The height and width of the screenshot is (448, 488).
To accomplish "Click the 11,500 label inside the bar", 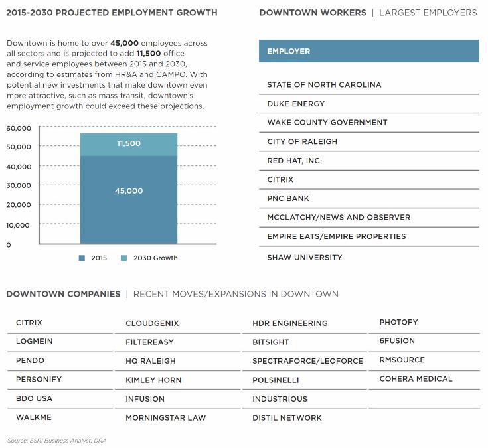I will click(128, 143).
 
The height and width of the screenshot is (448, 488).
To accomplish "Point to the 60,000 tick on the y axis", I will click(19, 127).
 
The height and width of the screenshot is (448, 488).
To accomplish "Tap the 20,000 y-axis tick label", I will click(19, 206).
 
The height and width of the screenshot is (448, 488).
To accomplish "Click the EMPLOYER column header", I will click(288, 51).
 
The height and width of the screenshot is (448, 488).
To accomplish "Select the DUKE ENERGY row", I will click(295, 104).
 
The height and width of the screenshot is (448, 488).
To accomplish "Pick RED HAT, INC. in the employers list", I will click(294, 161).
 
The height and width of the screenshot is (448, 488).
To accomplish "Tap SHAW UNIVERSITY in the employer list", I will click(304, 257).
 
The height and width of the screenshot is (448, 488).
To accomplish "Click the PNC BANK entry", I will click(288, 198).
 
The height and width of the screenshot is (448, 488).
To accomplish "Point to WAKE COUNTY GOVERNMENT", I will click(327, 123).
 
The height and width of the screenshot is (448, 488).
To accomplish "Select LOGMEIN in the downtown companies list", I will click(35, 342).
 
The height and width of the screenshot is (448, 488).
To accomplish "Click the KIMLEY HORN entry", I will click(153, 380).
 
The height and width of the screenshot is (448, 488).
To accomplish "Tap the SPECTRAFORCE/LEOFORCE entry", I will click(307, 361).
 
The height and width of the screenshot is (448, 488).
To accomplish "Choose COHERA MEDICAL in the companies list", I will click(416, 379).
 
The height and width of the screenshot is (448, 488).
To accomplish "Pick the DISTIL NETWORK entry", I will click(287, 418).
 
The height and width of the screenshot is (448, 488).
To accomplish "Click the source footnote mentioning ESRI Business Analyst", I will click(56, 441).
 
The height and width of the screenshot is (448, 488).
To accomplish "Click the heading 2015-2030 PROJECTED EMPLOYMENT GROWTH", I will click(112, 13).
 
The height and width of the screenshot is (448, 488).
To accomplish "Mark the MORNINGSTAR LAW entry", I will click(165, 418).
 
